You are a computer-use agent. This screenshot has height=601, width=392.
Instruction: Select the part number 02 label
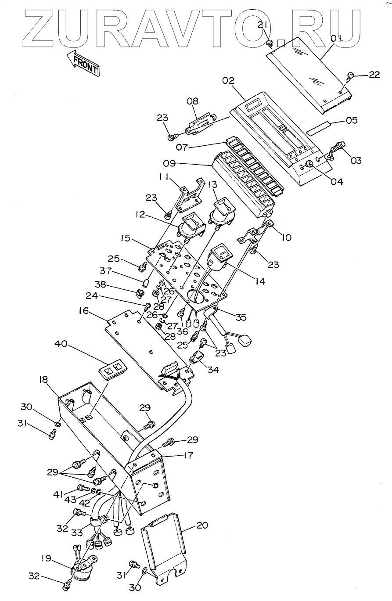click(228, 81)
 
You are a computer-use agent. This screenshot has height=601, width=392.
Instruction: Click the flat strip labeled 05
click(324, 128)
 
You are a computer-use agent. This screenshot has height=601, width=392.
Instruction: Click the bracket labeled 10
click(255, 233)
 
